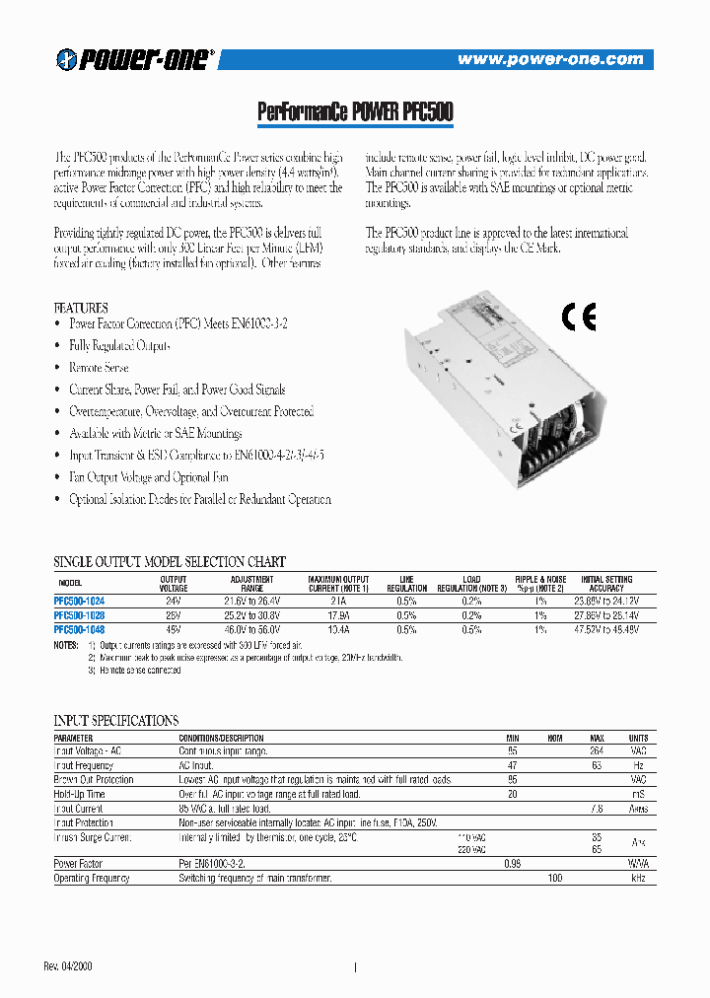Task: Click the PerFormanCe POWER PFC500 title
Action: click(355, 113)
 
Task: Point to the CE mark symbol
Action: click(579, 318)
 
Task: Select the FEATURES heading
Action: click(81, 308)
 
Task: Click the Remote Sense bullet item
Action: click(99, 367)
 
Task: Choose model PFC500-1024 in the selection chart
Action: click(79, 601)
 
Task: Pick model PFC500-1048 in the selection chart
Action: click(79, 628)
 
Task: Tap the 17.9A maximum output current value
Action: click(338, 614)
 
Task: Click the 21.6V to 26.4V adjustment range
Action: click(251, 601)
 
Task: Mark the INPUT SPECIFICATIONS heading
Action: click(115, 721)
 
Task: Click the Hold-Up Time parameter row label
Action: click(82, 794)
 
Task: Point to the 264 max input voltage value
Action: click(597, 751)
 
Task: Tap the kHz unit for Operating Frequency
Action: click(638, 877)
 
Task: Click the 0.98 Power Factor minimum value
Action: click(513, 863)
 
